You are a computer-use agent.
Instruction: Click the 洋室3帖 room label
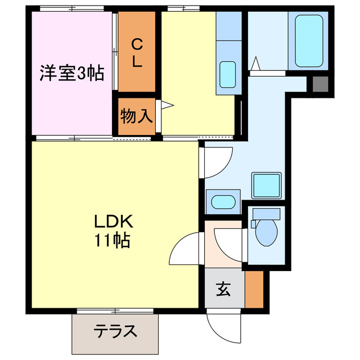(71, 73)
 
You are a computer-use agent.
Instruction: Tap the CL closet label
(137, 52)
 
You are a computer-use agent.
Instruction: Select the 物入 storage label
(136, 116)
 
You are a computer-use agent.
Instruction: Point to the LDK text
(112, 221)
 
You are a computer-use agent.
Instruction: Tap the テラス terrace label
(115, 331)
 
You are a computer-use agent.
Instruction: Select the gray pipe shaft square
(319, 84)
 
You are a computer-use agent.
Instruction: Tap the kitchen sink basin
(227, 74)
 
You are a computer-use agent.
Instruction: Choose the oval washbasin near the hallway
(223, 201)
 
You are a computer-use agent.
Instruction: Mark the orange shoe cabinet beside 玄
(254, 290)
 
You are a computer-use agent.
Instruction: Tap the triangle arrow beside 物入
(166, 105)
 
